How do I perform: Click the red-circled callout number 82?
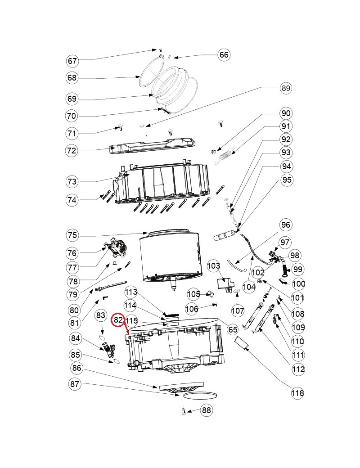118,320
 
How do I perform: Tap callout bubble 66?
224,54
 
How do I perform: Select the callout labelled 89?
286,88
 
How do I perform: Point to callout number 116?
297,393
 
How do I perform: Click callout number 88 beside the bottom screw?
206,410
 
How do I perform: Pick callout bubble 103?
213,265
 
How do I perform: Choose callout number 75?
72,235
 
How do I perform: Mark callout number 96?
286,225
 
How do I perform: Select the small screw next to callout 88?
184,411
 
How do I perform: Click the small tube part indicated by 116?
242,342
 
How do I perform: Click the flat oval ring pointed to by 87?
200,396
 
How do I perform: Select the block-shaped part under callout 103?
225,284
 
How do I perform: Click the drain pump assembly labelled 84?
109,350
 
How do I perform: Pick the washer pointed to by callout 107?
237,290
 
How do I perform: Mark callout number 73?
72,181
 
